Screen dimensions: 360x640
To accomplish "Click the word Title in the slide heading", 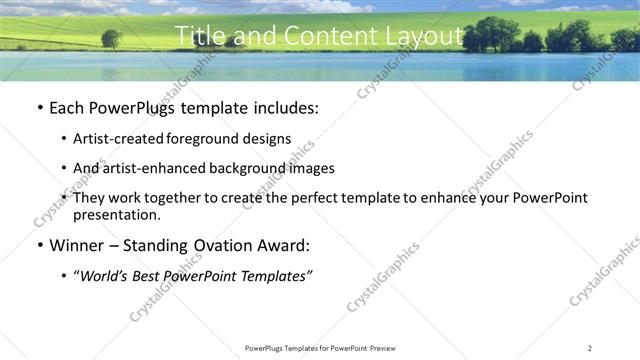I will click(x=199, y=36).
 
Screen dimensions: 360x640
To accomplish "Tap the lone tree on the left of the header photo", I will click(x=111, y=39).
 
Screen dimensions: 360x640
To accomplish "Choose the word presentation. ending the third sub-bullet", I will click(x=117, y=214).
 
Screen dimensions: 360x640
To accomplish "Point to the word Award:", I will click(x=283, y=246).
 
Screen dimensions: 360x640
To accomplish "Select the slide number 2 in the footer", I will click(x=589, y=347).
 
